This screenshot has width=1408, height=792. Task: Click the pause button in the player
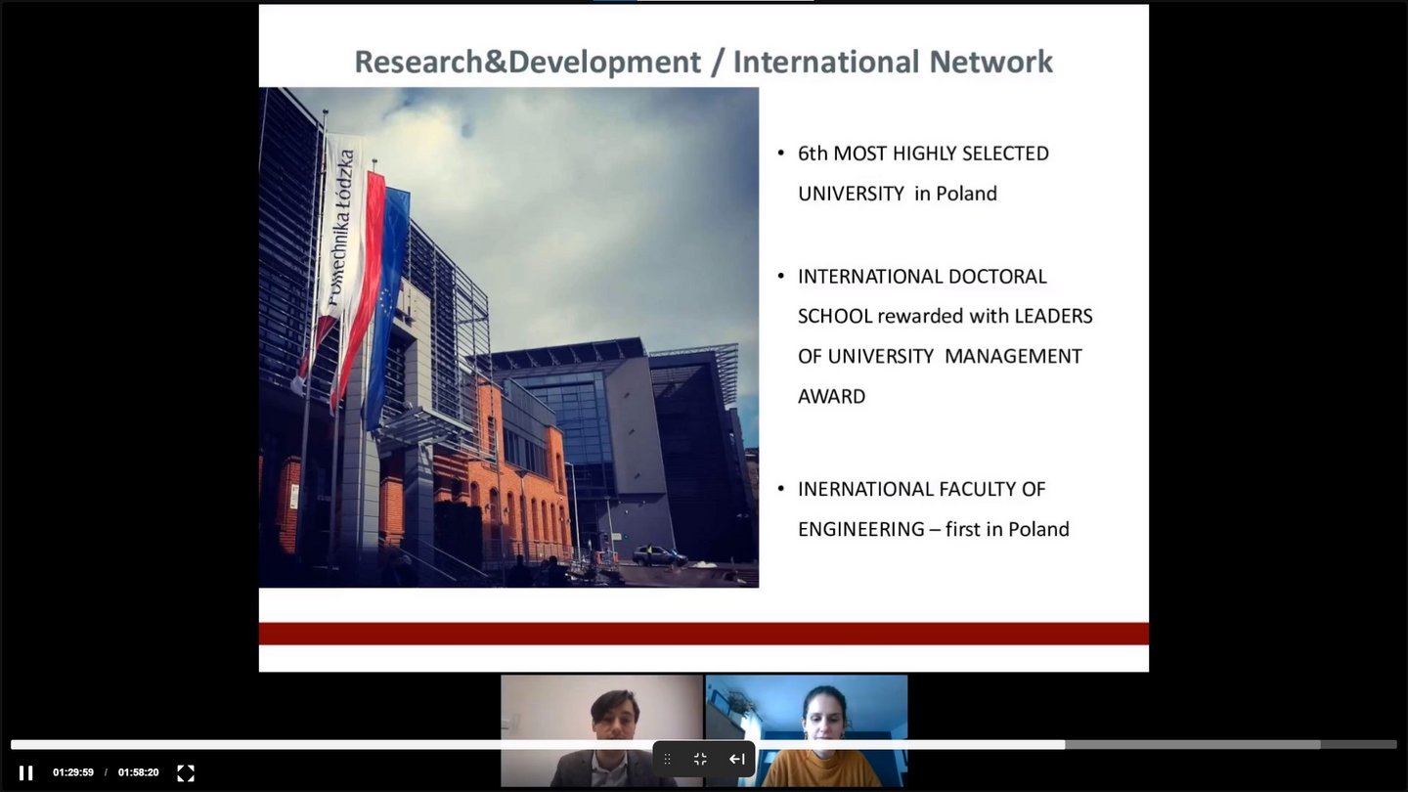25,772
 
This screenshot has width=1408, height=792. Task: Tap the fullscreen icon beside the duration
186,772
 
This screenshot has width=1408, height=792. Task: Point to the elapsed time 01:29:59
73,772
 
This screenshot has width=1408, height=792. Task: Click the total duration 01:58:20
138,772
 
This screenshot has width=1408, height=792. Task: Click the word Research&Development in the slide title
527,63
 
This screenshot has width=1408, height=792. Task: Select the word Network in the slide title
990,62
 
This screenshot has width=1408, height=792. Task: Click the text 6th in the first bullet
813,154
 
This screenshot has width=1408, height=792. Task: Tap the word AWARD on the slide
831,396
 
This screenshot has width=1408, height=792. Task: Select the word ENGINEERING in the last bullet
861,529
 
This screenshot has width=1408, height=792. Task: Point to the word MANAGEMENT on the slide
1013,356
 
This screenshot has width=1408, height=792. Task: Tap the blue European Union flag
388,302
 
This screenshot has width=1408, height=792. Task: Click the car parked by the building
659,555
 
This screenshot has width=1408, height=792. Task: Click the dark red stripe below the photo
704,634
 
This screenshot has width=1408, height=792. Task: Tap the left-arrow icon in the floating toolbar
736,760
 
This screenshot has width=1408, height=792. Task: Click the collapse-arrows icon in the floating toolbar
700,760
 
